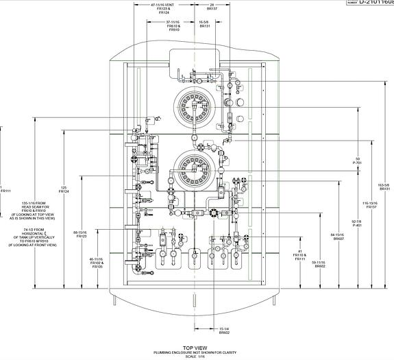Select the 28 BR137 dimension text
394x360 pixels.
212,8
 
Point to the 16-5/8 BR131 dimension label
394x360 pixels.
204,26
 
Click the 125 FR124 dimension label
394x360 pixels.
64,189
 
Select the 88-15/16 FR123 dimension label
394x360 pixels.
81,234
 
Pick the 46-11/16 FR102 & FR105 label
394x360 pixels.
96,262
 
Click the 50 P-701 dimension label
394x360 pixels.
356,161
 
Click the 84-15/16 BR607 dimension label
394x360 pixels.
338,237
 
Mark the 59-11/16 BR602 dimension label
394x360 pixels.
319,264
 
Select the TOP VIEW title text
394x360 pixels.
196,348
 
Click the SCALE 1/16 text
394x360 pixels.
196,357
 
